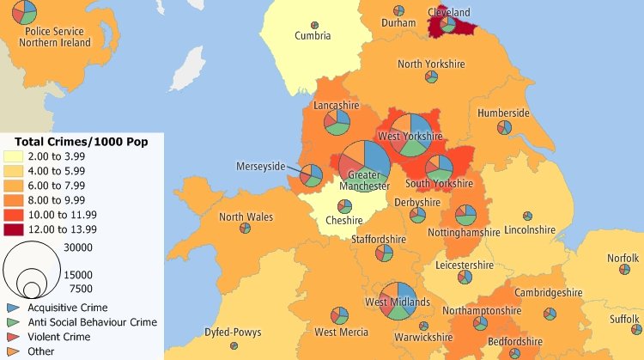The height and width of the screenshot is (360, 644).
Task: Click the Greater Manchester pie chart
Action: click(364, 161)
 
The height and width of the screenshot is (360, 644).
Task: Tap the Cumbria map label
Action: click(313, 36)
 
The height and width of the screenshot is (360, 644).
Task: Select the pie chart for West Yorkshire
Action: click(410, 133)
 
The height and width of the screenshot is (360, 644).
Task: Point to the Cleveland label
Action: click(449, 13)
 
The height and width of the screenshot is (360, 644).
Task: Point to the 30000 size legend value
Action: click(78, 247)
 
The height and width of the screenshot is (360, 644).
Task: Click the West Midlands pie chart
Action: click(398, 301)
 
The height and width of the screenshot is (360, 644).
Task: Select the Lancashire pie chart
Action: click(337, 122)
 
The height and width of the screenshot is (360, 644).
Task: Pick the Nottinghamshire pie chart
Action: click(466, 215)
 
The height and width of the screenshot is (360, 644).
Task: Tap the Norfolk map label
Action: click(623, 258)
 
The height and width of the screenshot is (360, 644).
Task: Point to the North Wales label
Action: click(246, 217)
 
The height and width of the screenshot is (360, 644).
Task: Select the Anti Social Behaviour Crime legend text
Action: click(92, 322)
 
